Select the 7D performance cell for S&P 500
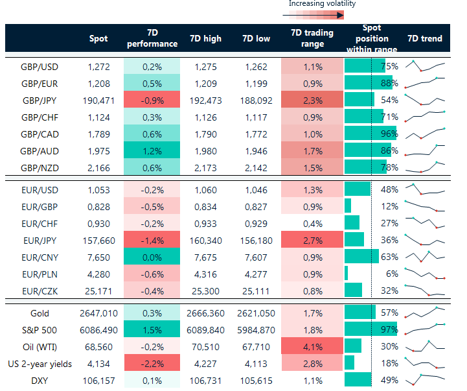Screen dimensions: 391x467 [151, 329]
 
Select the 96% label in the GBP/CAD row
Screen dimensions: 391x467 [389, 134]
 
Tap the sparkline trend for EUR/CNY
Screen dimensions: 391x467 [425, 256]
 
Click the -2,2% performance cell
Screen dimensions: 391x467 [151, 363]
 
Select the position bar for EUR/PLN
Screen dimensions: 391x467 [347, 274]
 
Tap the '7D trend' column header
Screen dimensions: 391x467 [425, 38]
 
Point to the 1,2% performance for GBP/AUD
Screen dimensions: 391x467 [151, 150]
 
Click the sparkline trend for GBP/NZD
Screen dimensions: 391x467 [425, 167]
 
